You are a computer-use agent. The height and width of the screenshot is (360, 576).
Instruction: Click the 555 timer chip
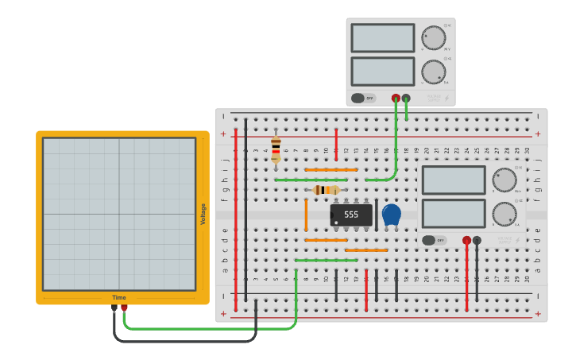[x=350, y=215]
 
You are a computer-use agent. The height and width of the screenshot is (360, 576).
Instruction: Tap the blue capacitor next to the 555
[x=391, y=214]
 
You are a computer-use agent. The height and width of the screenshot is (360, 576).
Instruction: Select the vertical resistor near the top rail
[x=276, y=148]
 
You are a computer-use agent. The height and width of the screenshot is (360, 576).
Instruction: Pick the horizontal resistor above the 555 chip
[x=326, y=190]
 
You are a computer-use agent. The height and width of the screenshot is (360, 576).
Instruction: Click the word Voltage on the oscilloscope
[x=203, y=214]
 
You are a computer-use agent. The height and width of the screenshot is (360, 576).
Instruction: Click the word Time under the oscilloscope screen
[x=118, y=297]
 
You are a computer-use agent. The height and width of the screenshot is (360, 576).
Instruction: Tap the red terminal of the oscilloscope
[x=124, y=308]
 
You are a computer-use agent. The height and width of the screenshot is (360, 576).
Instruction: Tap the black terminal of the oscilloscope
[x=114, y=308]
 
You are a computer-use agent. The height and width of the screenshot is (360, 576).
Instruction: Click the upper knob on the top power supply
[x=433, y=37]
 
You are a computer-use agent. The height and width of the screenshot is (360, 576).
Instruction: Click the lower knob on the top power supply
[x=433, y=72]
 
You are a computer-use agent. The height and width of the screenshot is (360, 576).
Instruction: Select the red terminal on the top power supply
[x=396, y=98]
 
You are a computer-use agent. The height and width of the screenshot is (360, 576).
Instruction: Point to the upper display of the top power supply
[x=382, y=37]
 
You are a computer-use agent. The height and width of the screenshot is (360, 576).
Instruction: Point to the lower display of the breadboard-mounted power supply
[x=454, y=214]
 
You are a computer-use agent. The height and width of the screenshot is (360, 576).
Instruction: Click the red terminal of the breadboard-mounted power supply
[x=466, y=240]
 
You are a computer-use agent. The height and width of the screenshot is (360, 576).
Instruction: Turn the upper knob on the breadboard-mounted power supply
[x=504, y=180]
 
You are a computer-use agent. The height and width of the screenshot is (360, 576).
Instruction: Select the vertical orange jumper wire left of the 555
[x=306, y=215]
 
